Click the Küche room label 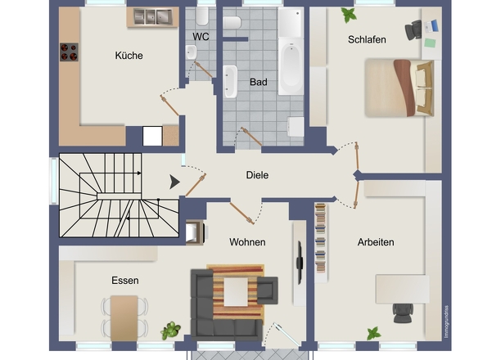pyautogui.click(x=129, y=56)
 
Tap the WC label pyautogui.click(x=201, y=37)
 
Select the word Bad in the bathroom pyautogui.click(x=259, y=82)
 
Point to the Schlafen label pyautogui.click(x=367, y=40)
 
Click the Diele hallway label pyautogui.click(x=257, y=175)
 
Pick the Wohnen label pyautogui.click(x=247, y=242)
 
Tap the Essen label pyautogui.click(x=125, y=281)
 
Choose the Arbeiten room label pyautogui.click(x=376, y=242)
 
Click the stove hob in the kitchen pyautogui.click(x=69, y=52)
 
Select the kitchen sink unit pyautogui.click(x=153, y=16)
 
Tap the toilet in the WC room pyautogui.click(x=202, y=16)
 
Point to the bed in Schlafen pyautogui.click(x=399, y=88)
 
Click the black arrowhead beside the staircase pyautogui.click(x=174, y=182)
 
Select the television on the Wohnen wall pyautogui.click(x=300, y=263)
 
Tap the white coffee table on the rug pyautogui.click(x=236, y=291)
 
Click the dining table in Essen pyautogui.click(x=124, y=318)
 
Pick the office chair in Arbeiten pyautogui.click(x=403, y=313)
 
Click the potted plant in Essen pyautogui.click(x=170, y=331)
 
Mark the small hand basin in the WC pyautogui.click(x=192, y=52)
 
